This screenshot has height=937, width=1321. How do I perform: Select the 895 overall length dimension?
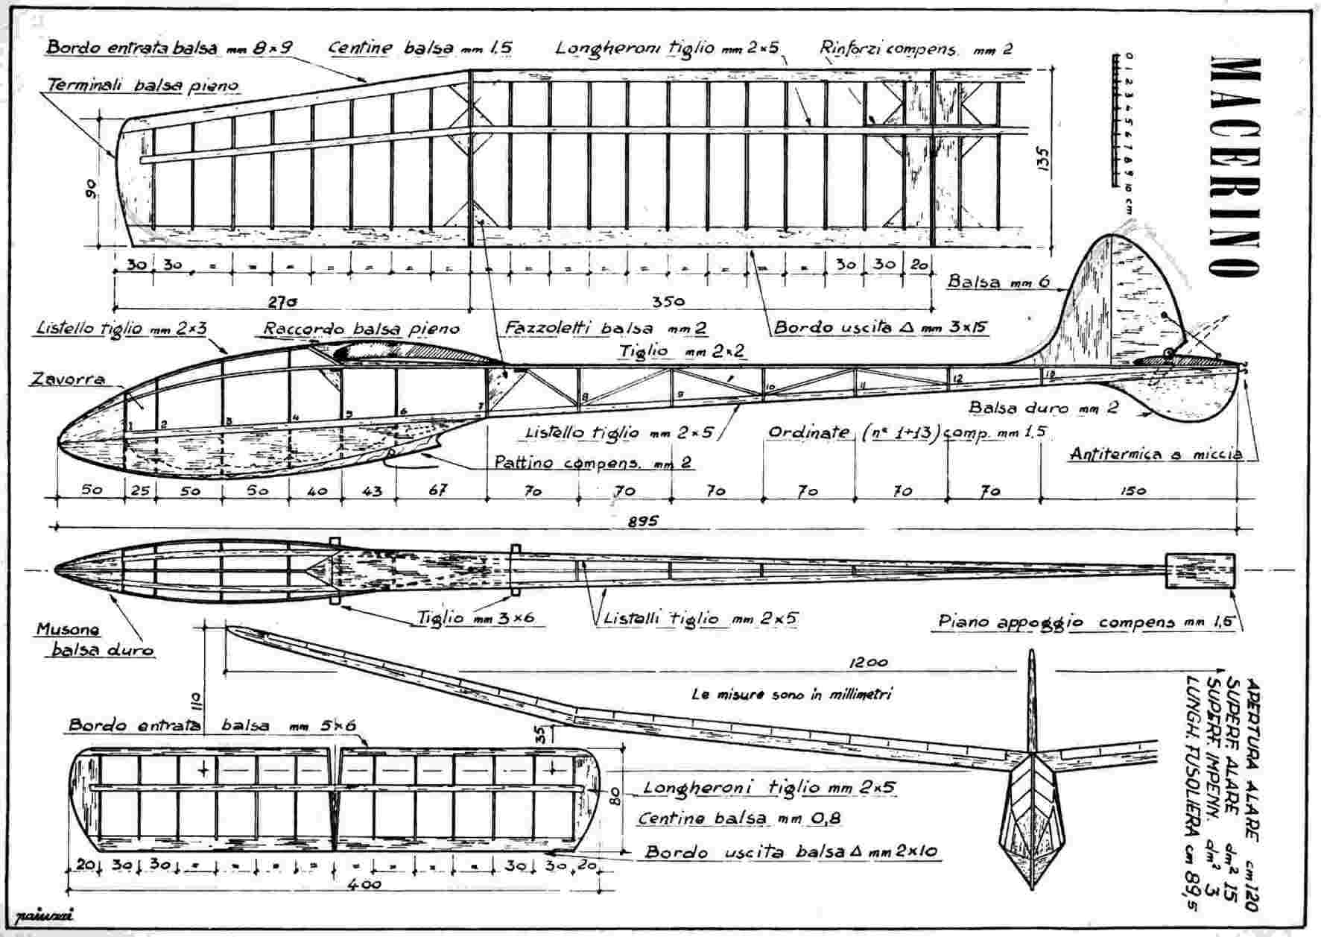click(x=642, y=522)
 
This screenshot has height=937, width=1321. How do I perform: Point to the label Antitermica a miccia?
click(x=1155, y=454)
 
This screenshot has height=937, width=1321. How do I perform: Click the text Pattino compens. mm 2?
click(x=593, y=463)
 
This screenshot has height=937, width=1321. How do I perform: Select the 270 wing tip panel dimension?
click(x=281, y=302)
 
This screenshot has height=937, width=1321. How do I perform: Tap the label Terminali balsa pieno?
click(x=143, y=86)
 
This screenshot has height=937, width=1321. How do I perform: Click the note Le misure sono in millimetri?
click(x=791, y=694)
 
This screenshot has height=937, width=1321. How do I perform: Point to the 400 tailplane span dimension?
click(x=365, y=884)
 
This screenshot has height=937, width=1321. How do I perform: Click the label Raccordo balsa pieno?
click(x=361, y=329)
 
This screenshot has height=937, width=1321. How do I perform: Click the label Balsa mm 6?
click(x=998, y=282)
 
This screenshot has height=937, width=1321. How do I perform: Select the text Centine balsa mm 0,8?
click(x=739, y=818)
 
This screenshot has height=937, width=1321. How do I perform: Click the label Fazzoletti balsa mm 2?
click(x=605, y=328)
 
